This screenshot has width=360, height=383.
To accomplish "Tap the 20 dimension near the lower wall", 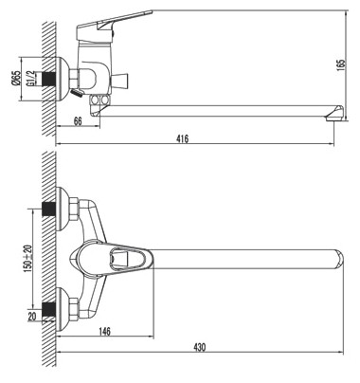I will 32,316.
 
